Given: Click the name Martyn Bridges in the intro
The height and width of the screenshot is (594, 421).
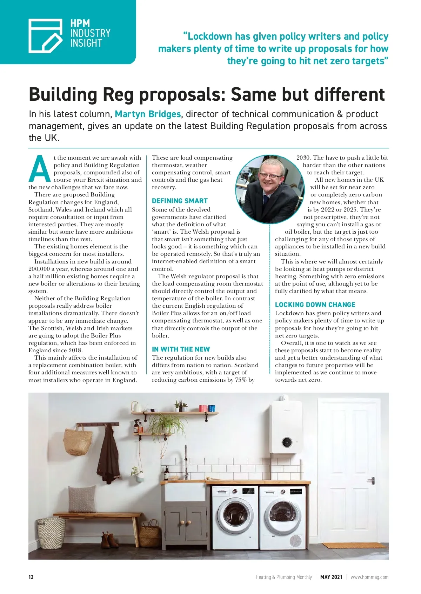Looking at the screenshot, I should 148,114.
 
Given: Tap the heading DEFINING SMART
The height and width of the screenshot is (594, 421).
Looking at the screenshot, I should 180,201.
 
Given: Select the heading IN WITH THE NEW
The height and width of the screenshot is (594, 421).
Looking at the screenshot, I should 181,349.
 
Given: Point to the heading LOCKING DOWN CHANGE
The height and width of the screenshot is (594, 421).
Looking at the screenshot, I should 315,305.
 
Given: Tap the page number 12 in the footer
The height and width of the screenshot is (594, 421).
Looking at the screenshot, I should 31,577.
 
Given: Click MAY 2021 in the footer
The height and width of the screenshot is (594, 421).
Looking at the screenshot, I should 331,577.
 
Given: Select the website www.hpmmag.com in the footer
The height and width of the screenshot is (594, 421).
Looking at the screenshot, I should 369,577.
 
